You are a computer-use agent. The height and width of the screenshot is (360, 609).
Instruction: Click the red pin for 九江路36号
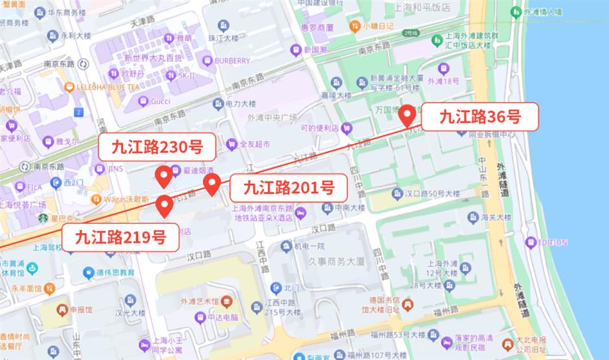[407, 115]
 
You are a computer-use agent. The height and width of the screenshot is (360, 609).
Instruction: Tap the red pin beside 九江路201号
[212, 184]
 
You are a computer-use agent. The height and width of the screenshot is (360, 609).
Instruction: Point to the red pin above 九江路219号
[165, 205]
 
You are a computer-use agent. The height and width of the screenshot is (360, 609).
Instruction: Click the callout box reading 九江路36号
[480, 117]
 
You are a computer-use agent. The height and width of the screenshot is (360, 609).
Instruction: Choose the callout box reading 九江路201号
[288, 188]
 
